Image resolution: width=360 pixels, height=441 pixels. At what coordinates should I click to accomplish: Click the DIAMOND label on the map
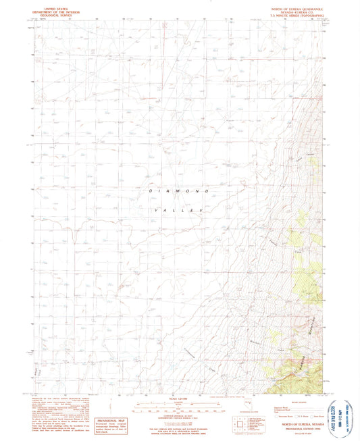click(175, 192)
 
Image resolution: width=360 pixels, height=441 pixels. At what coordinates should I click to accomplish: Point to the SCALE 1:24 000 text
click(180, 396)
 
